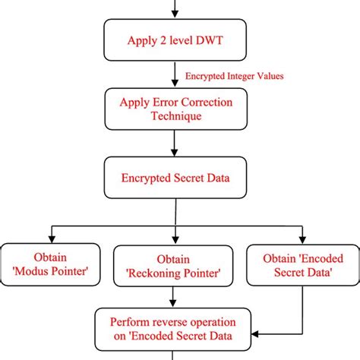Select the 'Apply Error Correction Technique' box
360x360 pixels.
[176, 109]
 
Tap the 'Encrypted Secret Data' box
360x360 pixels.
[176, 179]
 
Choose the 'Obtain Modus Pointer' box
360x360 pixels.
[50, 264]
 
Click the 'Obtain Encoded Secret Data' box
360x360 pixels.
[302, 264]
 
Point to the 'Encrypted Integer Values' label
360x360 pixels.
[234, 77]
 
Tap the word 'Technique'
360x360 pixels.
[176, 117]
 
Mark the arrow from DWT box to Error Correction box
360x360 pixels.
[176, 76]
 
